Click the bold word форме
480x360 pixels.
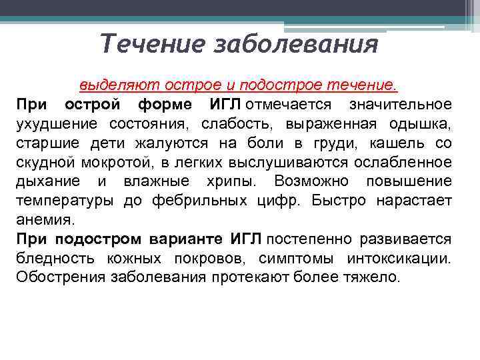[165, 105]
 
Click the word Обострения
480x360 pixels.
[57, 277]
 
